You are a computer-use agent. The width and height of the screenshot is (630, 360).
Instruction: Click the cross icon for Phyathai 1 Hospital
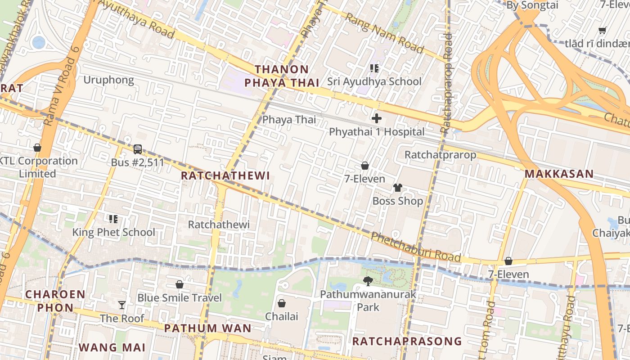click(377, 119)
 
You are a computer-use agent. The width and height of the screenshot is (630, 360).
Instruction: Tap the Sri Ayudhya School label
click(374, 81)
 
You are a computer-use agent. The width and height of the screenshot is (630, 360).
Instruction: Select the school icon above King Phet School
click(113, 219)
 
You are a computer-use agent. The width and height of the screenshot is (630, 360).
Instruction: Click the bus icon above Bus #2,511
click(138, 149)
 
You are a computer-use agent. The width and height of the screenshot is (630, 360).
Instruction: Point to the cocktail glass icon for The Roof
click(122, 305)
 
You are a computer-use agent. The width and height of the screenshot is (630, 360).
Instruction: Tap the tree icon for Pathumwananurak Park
click(368, 282)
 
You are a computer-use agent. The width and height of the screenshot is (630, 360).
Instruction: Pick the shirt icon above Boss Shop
click(397, 188)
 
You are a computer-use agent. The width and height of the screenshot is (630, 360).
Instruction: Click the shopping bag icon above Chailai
click(282, 303)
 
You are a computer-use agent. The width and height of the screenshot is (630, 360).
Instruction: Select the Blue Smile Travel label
click(180, 298)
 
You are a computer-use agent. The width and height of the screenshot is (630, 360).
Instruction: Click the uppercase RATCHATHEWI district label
click(225, 176)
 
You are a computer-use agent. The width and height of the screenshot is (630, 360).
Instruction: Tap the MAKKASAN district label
click(559, 174)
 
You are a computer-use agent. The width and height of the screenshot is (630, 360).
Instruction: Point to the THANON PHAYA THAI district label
click(282, 76)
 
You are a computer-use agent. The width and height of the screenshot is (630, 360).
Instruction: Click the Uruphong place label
click(109, 80)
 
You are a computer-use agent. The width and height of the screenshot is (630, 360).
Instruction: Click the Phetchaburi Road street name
click(416, 247)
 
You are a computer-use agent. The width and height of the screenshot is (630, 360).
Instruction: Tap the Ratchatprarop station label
click(440, 155)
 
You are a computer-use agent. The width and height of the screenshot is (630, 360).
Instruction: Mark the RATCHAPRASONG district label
click(407, 341)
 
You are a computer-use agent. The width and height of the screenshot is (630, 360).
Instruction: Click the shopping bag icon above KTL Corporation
click(37, 148)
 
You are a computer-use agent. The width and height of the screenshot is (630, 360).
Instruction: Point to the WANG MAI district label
click(112, 347)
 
